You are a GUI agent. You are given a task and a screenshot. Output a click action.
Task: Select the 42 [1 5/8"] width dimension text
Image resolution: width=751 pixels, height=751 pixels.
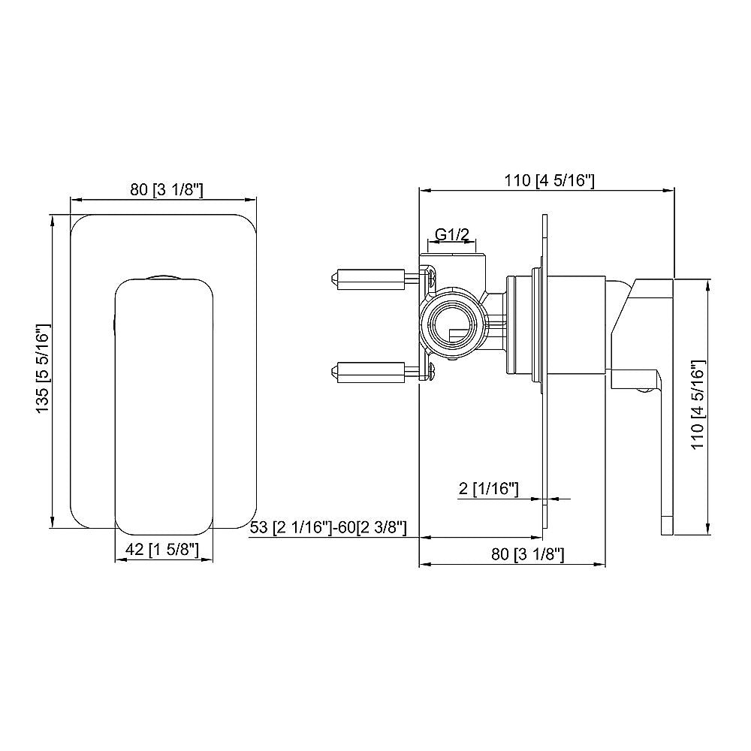click(162, 550)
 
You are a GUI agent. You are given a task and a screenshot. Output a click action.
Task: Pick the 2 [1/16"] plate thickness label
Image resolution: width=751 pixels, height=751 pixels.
click(488, 490)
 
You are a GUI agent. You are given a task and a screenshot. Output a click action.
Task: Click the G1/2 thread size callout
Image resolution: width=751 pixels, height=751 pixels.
click(453, 235)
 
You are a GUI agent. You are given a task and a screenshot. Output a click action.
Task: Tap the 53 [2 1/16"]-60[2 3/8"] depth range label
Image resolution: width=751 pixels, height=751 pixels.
click(328, 528)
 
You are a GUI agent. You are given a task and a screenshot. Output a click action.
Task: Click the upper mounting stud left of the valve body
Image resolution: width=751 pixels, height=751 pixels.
click(368, 279)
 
